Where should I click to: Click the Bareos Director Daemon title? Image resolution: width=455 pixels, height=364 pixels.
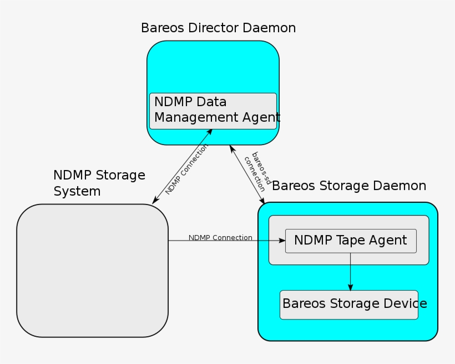click(218, 28)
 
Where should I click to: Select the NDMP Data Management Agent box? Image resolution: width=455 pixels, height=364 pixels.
click(213, 111)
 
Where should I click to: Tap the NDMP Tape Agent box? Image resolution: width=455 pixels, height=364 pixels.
click(351, 241)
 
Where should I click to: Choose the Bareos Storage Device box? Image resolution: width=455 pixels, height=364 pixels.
click(349, 305)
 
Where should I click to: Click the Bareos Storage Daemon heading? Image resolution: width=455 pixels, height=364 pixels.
click(349, 186)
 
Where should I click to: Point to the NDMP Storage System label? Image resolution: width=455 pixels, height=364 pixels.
click(99, 183)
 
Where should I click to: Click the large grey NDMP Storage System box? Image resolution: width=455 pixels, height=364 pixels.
click(92, 271)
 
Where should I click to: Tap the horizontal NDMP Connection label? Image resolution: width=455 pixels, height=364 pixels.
click(220, 237)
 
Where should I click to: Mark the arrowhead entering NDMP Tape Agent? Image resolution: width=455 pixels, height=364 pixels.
click(281, 241)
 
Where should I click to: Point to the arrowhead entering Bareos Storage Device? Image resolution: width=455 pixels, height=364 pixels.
click(350, 286)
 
